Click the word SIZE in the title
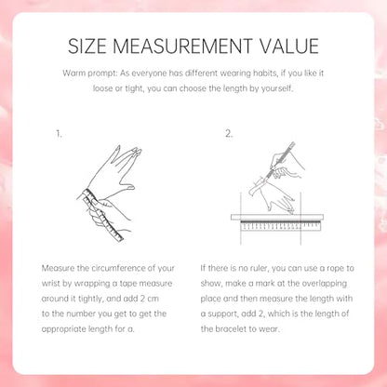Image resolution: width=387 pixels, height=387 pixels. (x=87, y=47)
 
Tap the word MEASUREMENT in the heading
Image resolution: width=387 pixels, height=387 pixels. (x=182, y=47)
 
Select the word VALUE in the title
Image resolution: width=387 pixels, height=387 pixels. (x=288, y=47)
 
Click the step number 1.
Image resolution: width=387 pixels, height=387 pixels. (x=59, y=134)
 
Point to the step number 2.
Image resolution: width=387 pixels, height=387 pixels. (x=229, y=134)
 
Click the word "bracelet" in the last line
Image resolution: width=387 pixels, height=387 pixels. (x=229, y=328)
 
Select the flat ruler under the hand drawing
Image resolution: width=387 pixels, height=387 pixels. (x=277, y=221)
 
